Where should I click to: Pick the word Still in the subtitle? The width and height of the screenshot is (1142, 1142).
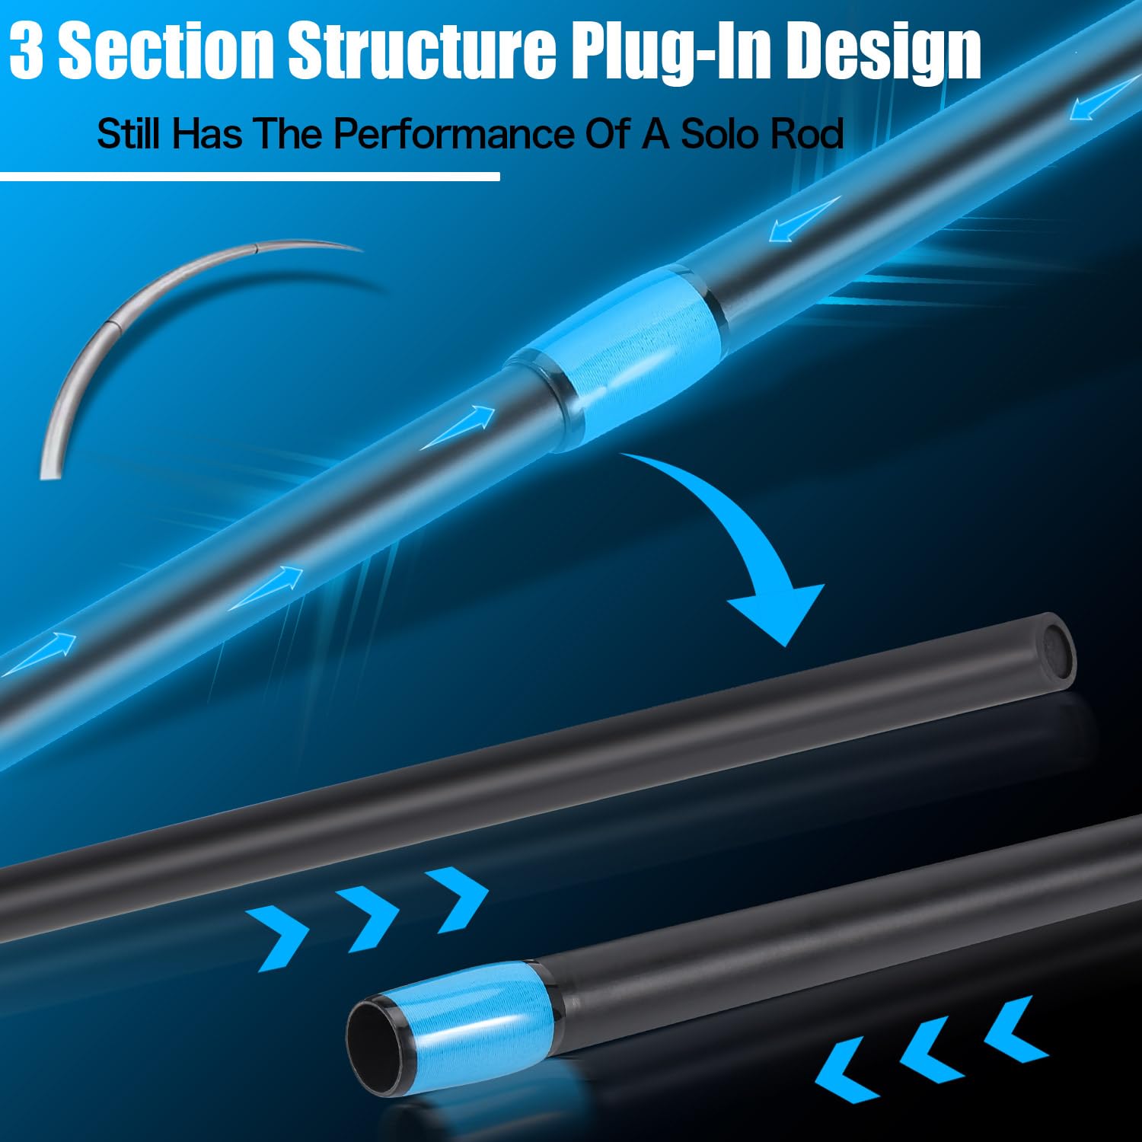pos(128,134)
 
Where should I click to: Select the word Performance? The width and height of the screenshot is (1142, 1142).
pos(453,134)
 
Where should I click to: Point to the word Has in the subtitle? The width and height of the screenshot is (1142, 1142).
pos(206,134)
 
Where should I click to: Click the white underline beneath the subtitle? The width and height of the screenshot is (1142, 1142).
pos(250,177)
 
